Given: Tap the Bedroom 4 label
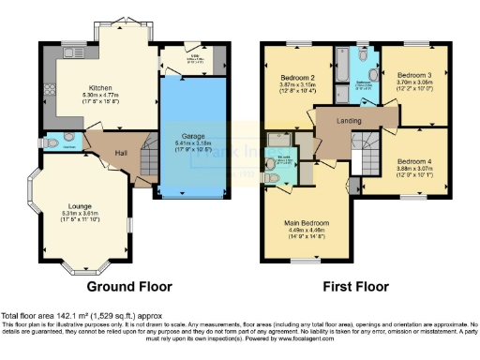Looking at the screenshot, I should coord(413,160).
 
